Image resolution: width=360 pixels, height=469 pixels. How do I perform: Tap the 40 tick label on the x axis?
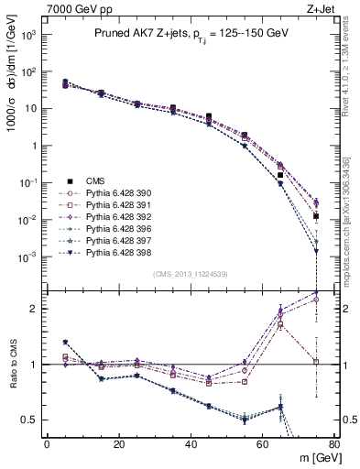pos(191,443)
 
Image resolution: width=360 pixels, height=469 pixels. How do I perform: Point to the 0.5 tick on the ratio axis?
pos(29,420)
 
